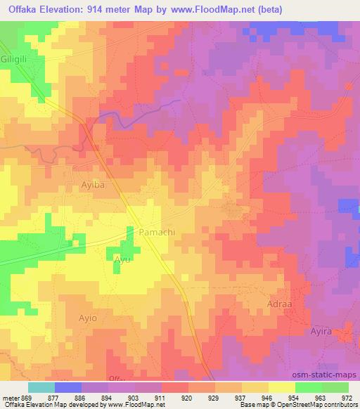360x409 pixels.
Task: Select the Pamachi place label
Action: [x=156, y=231]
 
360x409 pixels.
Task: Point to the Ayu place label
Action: [x=122, y=261]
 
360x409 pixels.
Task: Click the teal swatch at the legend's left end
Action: [x=41, y=387]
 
